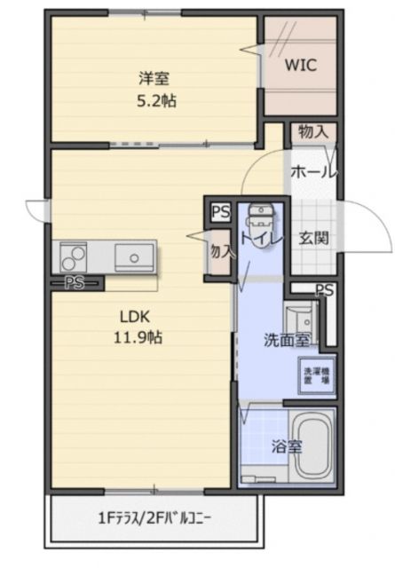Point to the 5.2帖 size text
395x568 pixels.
tap(155, 100)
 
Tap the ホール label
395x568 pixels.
tap(313, 171)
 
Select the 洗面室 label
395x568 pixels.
tap(286, 339)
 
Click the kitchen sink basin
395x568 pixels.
tap(133, 259)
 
